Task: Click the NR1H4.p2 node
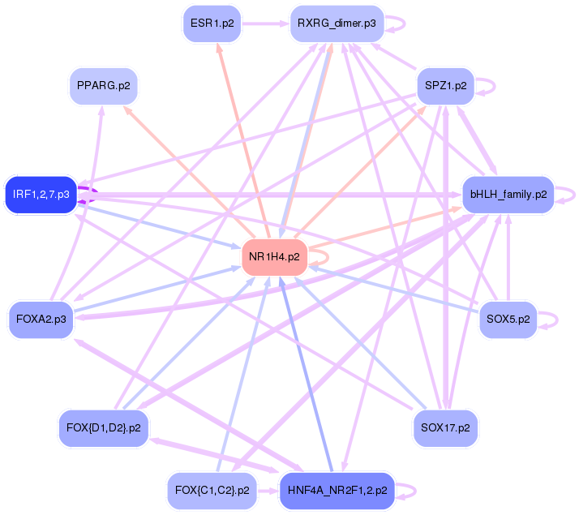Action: (x=274, y=257)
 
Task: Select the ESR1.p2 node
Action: (x=212, y=24)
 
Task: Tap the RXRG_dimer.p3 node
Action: (x=336, y=24)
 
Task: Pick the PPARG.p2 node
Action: (x=102, y=85)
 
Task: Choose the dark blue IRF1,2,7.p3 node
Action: (x=41, y=195)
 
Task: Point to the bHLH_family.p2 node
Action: (x=508, y=195)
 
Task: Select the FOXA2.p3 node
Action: (x=41, y=319)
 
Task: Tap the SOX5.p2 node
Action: (x=508, y=319)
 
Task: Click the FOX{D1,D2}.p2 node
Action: (x=102, y=427)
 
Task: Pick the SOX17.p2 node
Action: (x=445, y=427)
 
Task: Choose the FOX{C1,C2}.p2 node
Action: (x=212, y=490)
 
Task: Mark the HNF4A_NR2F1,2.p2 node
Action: (x=336, y=490)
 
